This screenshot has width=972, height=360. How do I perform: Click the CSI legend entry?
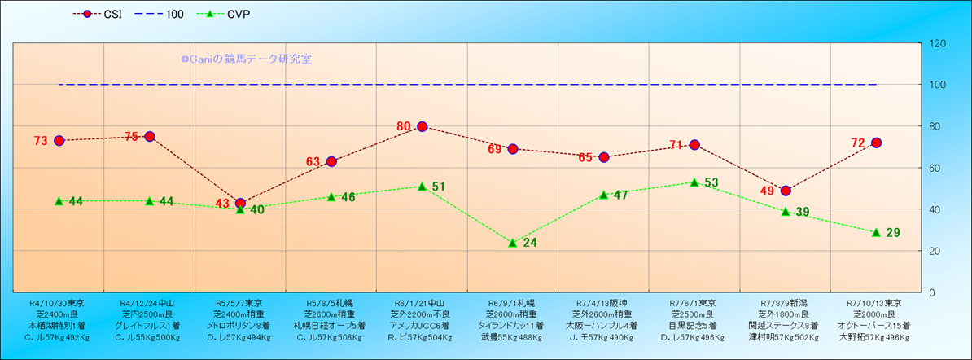click(96, 14)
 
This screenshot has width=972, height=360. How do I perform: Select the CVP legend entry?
click(225, 14)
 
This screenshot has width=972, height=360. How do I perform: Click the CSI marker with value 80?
click(422, 126)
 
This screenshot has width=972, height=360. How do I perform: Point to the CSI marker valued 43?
click(240, 203)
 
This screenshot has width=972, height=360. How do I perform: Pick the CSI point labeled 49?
click(786, 191)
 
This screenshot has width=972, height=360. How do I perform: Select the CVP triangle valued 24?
click(513, 243)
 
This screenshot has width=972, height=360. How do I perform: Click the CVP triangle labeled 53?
click(694, 182)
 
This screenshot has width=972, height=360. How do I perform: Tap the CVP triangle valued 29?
click(876, 232)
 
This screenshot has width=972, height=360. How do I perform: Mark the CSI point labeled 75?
click(150, 136)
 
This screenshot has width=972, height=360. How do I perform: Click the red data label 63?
click(313, 162)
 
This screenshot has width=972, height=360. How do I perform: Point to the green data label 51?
click(439, 187)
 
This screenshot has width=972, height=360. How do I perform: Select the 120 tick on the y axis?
click(937, 43)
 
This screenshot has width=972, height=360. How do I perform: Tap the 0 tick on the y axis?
click(932, 292)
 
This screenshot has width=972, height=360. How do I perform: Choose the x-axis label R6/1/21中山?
click(421, 302)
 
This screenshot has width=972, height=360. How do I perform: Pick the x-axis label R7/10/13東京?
click(876, 302)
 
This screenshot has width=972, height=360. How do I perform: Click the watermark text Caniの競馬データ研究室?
click(246, 59)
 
